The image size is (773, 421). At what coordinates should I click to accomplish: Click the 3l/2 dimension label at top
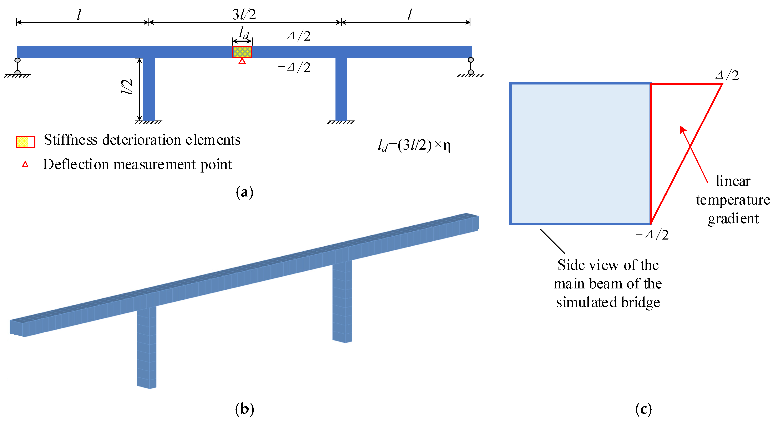pos(244,14)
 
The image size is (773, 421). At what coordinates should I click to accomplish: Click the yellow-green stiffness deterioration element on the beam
pos(242,52)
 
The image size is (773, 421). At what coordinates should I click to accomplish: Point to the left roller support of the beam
pos(17,67)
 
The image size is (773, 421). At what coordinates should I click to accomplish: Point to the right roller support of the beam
pos(470,67)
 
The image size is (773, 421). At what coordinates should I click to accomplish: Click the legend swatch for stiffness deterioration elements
pos(25,142)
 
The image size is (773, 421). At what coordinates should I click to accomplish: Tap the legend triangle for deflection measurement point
pos(25,164)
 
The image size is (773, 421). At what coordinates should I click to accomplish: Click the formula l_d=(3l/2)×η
pos(414,145)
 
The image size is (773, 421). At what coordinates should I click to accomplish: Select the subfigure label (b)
pos(244,409)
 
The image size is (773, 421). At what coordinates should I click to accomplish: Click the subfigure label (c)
pos(643,409)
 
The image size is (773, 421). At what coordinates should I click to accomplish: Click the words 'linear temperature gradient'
pos(733,200)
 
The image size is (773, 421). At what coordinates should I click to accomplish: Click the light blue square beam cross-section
pos(580,154)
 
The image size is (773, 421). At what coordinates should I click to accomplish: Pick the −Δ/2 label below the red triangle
pos(652,235)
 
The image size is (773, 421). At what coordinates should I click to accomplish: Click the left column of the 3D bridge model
pos(146,348)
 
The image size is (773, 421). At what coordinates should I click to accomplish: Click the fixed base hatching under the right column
pos(341,122)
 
